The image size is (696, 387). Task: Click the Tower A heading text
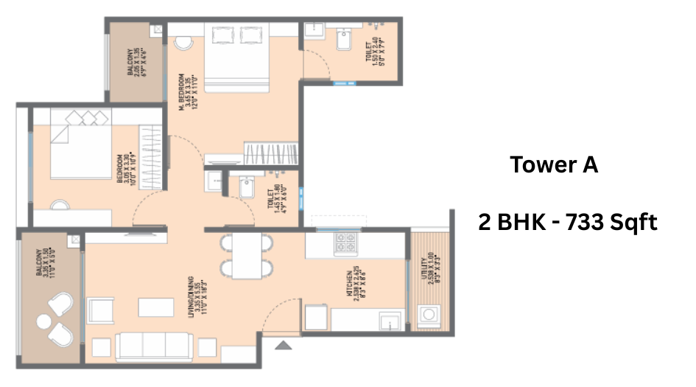point(554,165)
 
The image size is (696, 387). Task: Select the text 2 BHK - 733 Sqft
point(566,222)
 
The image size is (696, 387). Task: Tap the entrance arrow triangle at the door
point(283,344)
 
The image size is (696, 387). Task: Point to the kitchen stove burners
point(346,243)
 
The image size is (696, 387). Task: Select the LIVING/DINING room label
point(193,296)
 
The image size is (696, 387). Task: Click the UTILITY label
point(423,271)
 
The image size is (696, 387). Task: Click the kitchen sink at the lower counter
point(387,321)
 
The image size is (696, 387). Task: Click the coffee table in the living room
point(153,305)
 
